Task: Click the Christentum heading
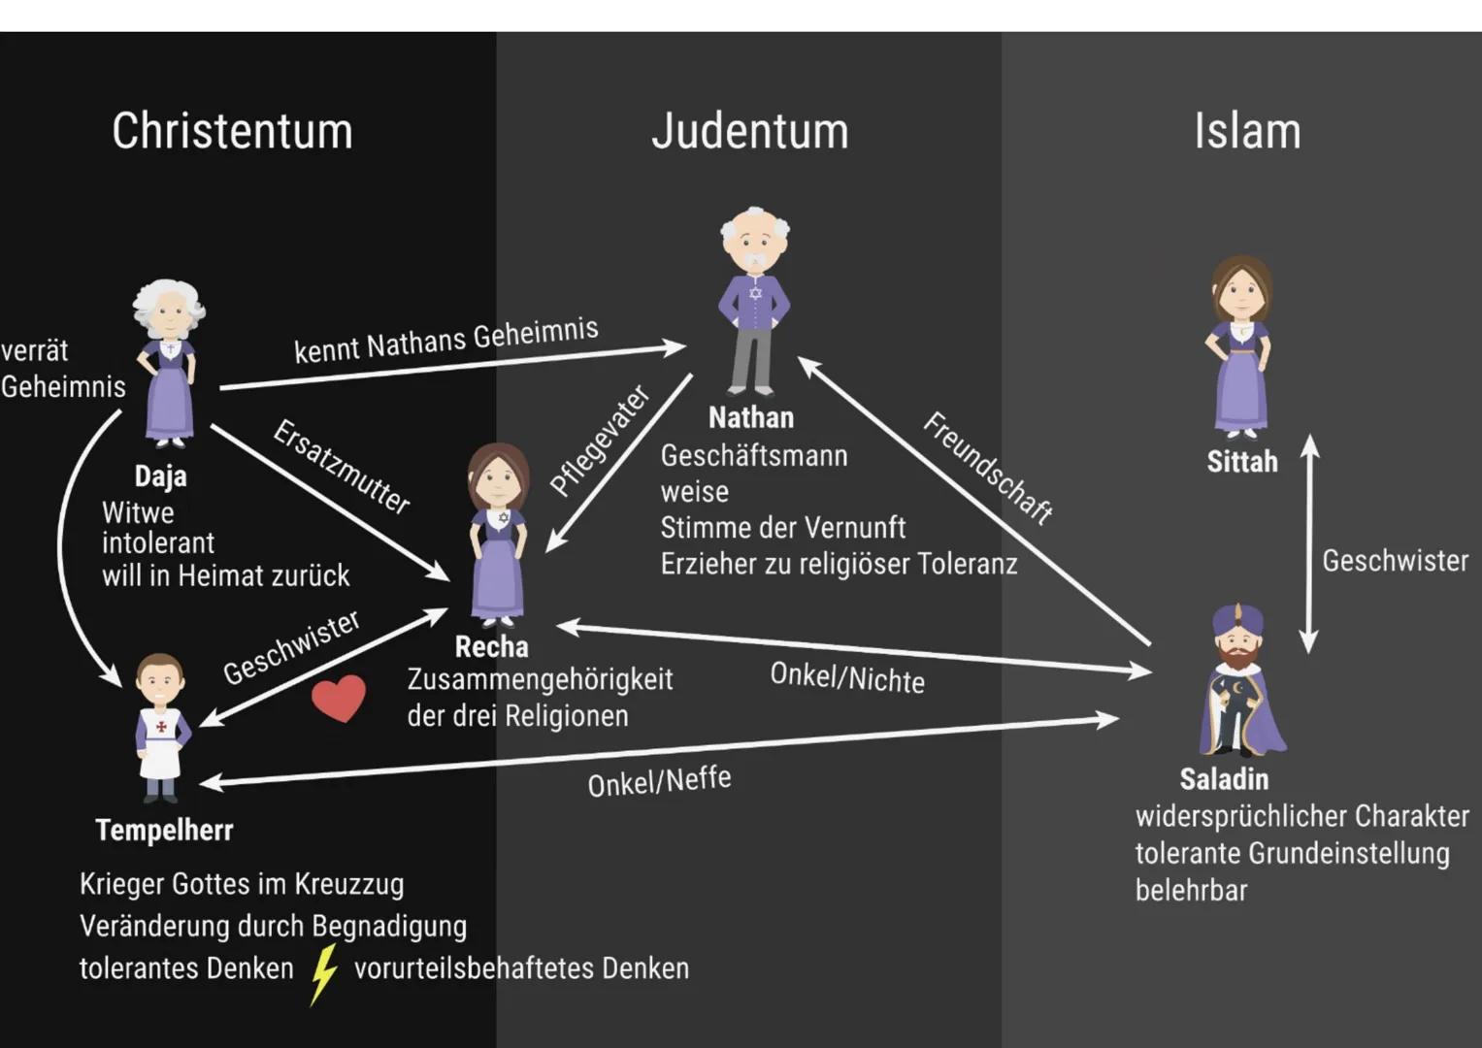[x=232, y=131]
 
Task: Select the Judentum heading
[x=749, y=131]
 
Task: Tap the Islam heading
[x=1247, y=131]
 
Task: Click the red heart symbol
[x=339, y=698]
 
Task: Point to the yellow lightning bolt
[x=323, y=973]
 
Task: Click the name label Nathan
[x=751, y=418]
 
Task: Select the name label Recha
[x=492, y=647]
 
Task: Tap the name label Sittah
[x=1242, y=462]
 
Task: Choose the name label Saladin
[x=1224, y=779]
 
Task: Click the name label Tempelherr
[x=164, y=831]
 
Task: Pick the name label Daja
[x=160, y=476]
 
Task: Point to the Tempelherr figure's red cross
[x=161, y=726]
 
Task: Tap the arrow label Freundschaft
[x=988, y=469]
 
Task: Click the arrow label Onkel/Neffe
[x=659, y=781]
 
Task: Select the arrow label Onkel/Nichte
[x=846, y=677]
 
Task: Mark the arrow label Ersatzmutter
[x=342, y=467]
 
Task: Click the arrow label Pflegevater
[x=600, y=440]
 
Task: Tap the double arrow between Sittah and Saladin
[x=1308, y=543]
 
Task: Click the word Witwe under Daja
[x=138, y=512]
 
